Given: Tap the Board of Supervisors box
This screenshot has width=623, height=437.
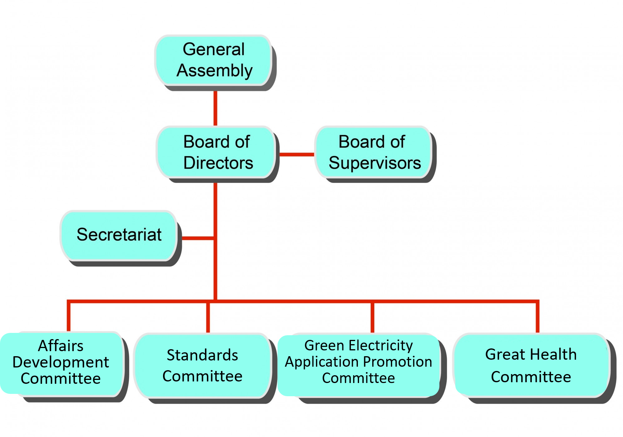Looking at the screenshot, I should coord(373,152).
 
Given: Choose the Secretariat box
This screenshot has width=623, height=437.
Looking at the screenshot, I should coord(119,235).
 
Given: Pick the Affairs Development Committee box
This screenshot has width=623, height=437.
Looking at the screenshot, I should coord(61,362).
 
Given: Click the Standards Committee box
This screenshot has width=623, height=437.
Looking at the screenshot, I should coord(202,365).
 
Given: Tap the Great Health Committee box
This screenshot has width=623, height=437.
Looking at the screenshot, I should coord(531,365).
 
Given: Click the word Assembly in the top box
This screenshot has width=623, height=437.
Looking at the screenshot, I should coord(215,71).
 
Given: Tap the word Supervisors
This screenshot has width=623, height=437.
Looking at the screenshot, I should coord(375,163).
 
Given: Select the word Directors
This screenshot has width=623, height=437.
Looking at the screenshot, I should coord(218,163).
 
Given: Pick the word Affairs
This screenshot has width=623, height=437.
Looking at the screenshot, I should coord(61,346).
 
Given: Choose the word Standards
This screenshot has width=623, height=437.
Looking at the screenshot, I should coord(202,355).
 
